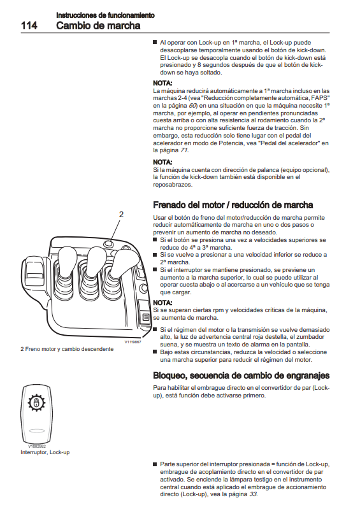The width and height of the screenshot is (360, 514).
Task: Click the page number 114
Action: click(29, 25)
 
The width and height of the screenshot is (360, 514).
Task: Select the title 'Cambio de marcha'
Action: click(98, 25)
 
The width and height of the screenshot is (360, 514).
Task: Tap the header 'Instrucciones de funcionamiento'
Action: click(105, 15)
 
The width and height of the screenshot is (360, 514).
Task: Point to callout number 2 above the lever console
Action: click(121, 215)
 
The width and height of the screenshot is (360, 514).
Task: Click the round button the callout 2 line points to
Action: click(108, 243)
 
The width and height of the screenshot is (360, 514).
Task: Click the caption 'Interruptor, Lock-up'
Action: click(45, 452)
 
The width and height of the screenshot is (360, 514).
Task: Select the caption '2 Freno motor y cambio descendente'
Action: click(67, 349)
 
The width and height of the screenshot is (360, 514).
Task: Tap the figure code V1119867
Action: click(133, 342)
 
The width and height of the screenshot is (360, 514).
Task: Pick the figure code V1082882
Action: click(37, 446)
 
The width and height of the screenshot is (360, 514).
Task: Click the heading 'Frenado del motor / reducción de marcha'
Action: click(233, 205)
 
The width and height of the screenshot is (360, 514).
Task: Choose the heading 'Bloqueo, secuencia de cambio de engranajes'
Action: click(241, 376)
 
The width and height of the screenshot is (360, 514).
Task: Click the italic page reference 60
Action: click(192, 106)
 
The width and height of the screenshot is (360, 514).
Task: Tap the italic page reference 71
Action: click(184, 150)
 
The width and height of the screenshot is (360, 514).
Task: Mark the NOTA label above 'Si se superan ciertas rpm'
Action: click(162, 303)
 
